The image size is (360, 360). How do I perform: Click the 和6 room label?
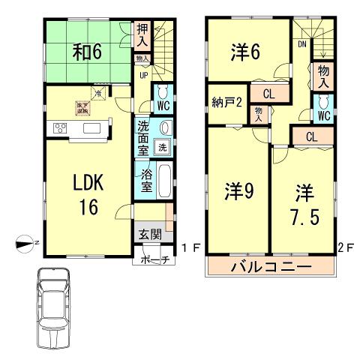tap(87, 52)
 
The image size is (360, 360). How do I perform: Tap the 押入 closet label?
tap(143, 36)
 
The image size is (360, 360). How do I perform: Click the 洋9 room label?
tap(236, 192)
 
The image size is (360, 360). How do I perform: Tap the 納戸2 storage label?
tap(225, 104)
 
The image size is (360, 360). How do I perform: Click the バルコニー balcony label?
tap(271, 266)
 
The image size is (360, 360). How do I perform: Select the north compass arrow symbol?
tap(25, 241)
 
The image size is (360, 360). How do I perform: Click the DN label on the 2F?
tap(301, 45)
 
